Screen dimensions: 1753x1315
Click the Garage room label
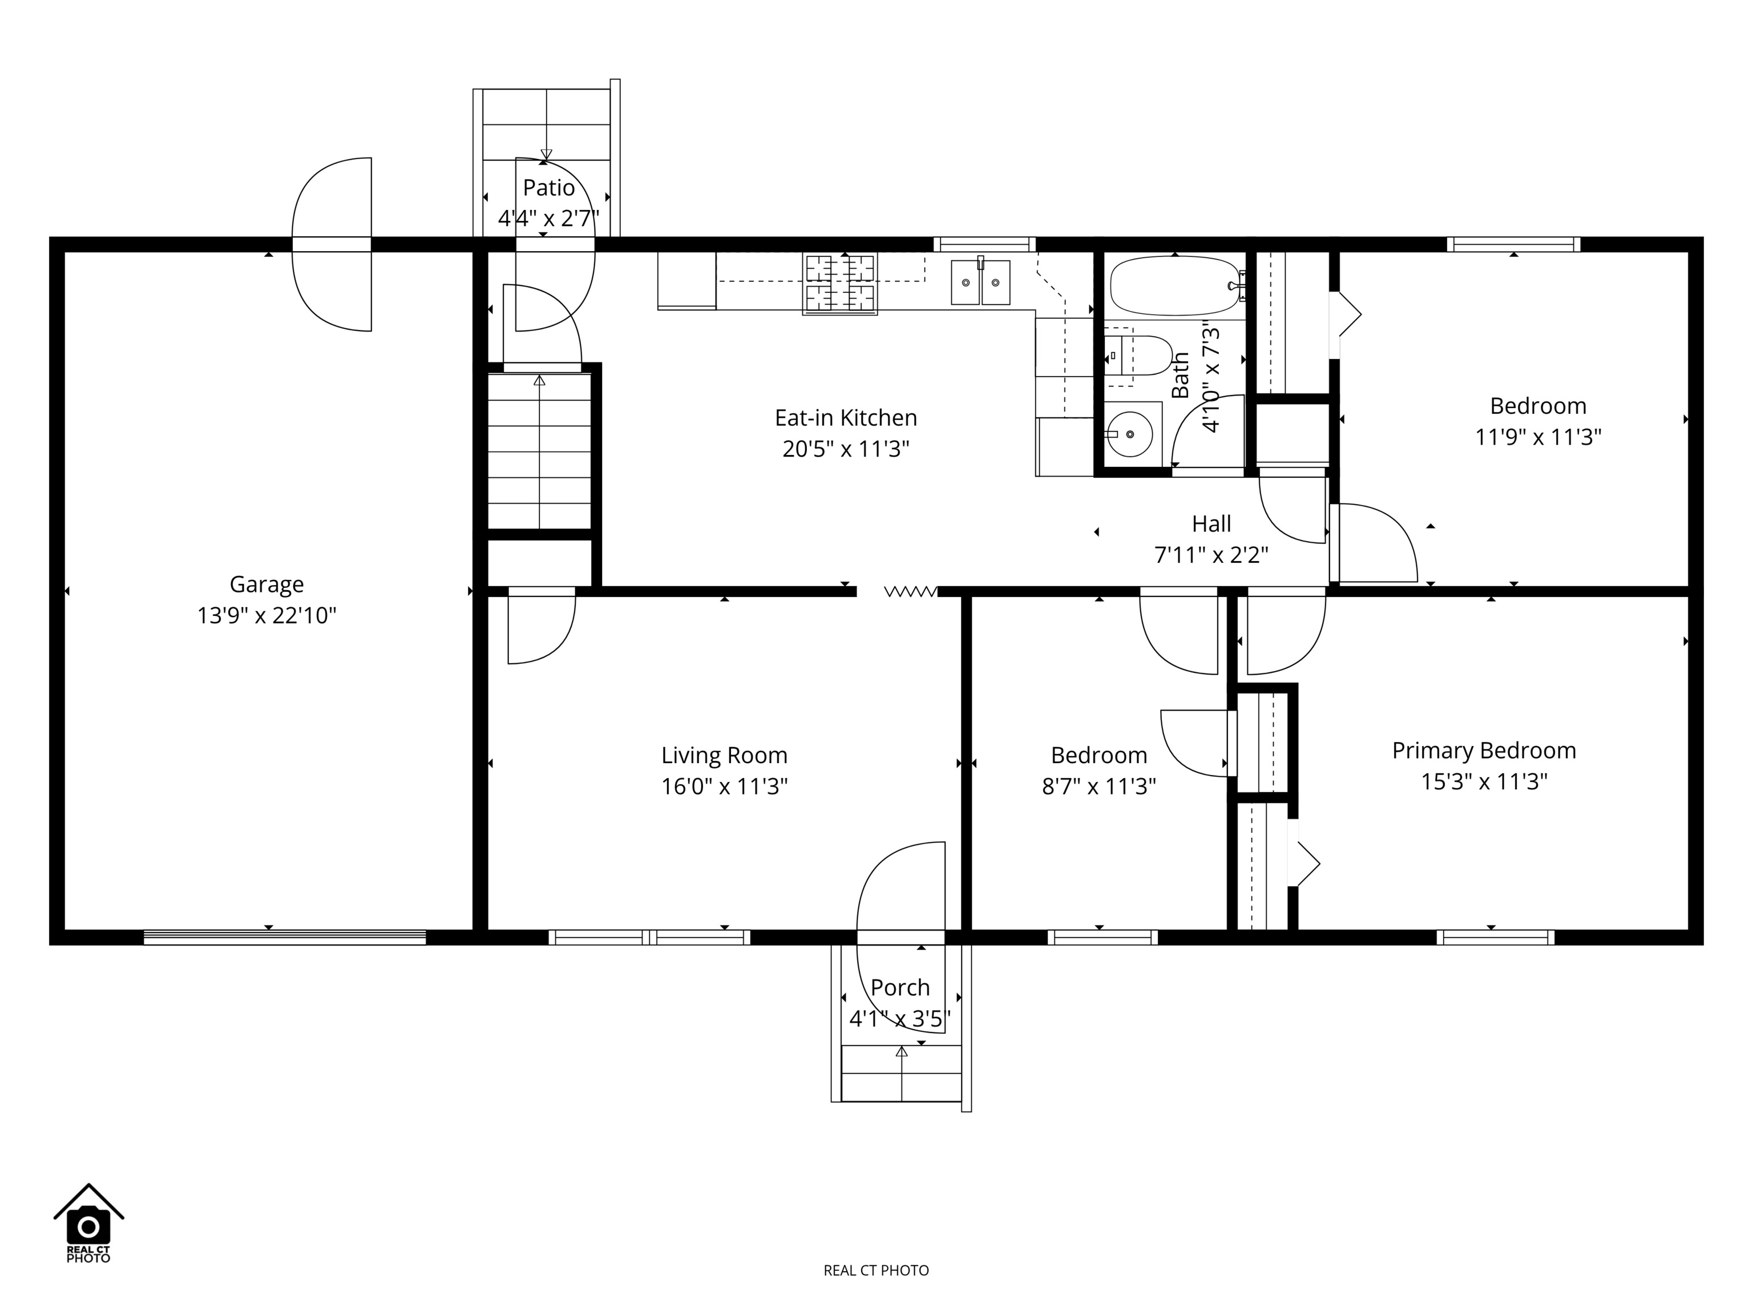point(266,585)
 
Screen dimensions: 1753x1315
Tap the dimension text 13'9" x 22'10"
point(266,616)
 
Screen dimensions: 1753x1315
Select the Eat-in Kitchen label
point(846,418)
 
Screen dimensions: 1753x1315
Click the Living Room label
point(724,756)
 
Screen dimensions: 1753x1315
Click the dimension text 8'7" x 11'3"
point(1098,786)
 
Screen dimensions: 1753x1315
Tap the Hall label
point(1211,524)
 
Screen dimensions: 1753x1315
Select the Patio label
point(548,188)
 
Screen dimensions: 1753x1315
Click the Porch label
point(900,987)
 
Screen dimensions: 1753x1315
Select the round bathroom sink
point(1129,434)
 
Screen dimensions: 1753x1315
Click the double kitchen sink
point(980,281)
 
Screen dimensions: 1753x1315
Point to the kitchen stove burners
point(840,284)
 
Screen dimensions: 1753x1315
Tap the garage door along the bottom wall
point(285,938)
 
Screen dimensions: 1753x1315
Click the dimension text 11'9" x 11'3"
point(1537,438)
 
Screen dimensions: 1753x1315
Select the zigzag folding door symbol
point(911,591)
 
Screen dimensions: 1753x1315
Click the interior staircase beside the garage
point(539,450)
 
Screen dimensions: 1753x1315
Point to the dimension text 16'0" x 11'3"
point(724,787)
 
